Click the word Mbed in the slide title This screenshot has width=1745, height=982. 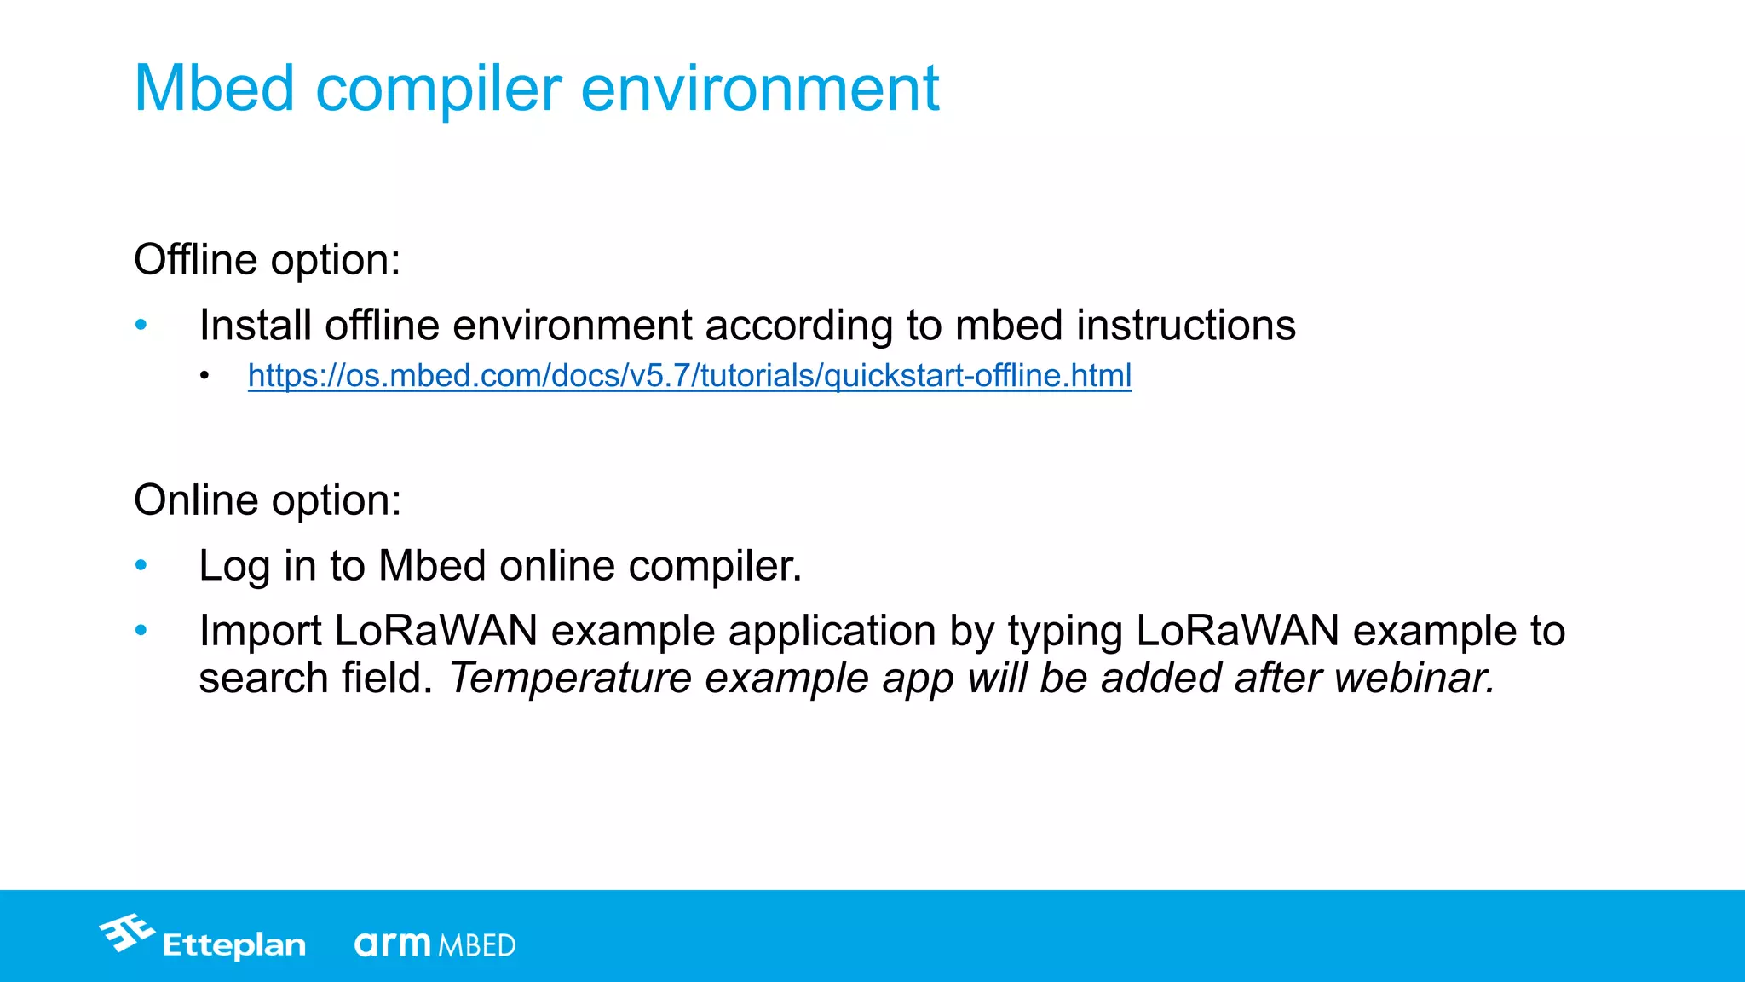(214, 88)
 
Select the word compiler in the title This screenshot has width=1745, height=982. (439, 90)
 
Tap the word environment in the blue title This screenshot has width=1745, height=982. (759, 88)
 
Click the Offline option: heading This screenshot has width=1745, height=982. (267, 260)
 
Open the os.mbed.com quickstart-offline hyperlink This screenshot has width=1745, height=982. (689, 375)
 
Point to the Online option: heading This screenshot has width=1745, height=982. (268, 500)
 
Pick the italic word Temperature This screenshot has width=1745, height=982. (570, 679)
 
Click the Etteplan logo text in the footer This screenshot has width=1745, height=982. (233, 945)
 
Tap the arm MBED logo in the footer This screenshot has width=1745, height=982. (435, 944)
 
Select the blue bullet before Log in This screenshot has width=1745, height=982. (141, 565)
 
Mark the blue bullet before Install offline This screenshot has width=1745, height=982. (141, 325)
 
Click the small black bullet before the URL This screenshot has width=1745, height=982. (204, 376)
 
